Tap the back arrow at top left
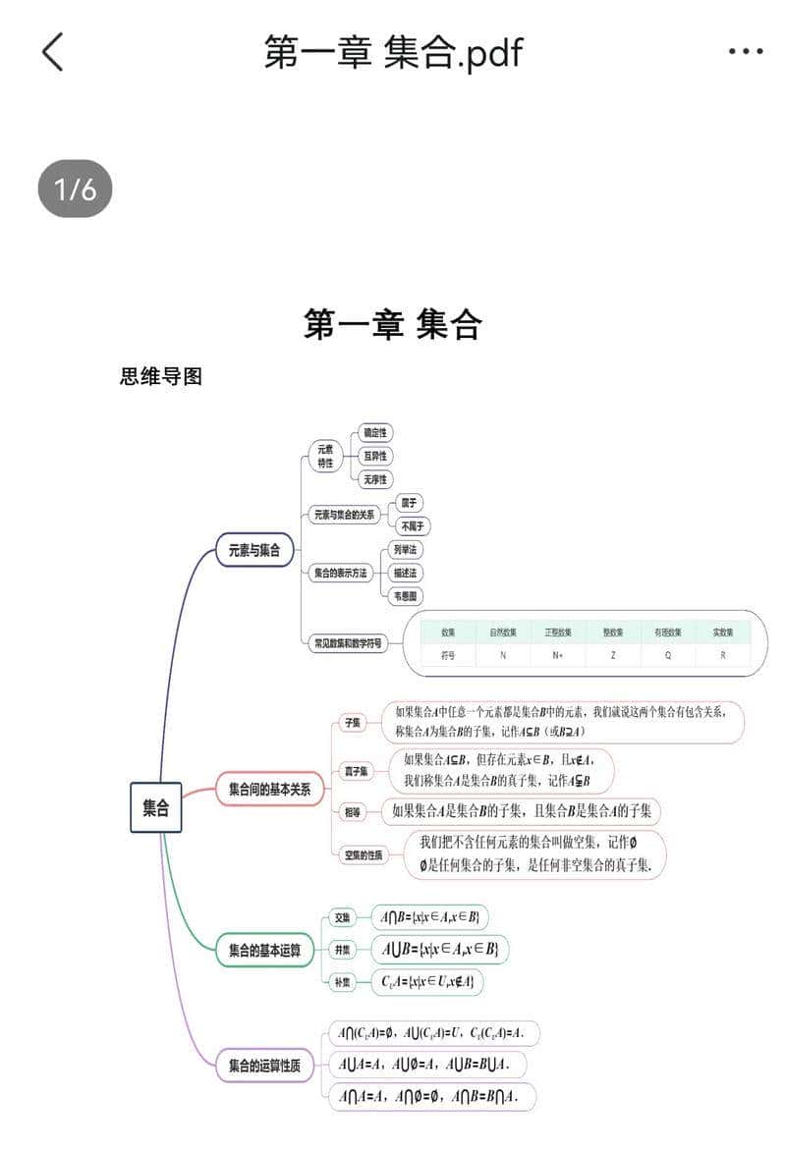pos(53,52)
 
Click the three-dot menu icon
pos(746,52)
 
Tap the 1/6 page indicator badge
pos(75,189)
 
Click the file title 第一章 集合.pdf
pos(393,52)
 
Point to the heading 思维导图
pos(161,376)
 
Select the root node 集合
pos(155,807)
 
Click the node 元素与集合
pos(254,550)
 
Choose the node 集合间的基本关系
pos(269,789)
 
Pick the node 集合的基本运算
pos(264,950)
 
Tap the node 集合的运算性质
pos(264,1065)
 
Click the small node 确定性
pos(375,432)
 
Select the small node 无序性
pos(375,479)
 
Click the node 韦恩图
pos(406,595)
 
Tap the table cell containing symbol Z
pos(613,655)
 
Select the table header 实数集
pos(723,632)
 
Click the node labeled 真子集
pos(356,772)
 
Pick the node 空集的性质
pos(363,854)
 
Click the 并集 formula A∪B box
pos(439,950)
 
